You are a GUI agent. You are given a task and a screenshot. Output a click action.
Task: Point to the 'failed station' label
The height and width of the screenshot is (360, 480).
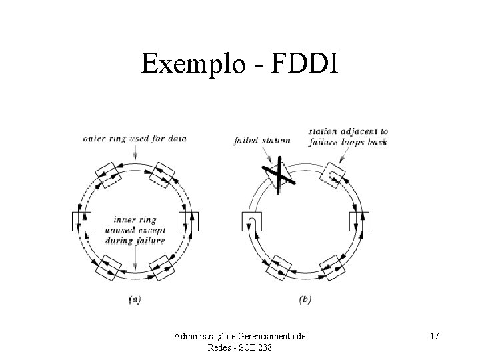click(262, 140)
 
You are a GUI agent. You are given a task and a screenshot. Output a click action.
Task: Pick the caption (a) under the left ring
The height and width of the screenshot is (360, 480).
click(134, 300)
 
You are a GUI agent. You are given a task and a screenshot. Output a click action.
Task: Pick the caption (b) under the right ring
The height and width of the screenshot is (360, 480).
click(305, 300)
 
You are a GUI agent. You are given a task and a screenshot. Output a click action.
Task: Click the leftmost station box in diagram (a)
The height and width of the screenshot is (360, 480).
click(81, 220)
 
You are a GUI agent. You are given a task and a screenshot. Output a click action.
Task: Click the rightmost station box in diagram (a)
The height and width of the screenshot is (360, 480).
click(189, 220)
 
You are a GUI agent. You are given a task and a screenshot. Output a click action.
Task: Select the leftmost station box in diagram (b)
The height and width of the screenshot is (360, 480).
click(251, 221)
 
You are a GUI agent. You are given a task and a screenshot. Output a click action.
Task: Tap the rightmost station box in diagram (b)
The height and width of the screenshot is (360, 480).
click(359, 221)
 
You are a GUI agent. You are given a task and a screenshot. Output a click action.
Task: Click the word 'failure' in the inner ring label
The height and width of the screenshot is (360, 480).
click(151, 240)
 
